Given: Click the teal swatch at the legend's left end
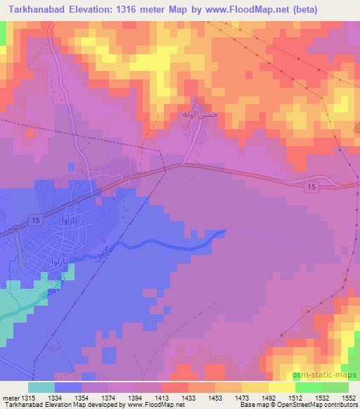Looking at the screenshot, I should coord(41,387).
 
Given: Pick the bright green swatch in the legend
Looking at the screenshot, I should coord(308,387).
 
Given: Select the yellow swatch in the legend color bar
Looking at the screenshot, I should coord(281,387).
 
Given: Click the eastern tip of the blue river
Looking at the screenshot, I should coord(224,231).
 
